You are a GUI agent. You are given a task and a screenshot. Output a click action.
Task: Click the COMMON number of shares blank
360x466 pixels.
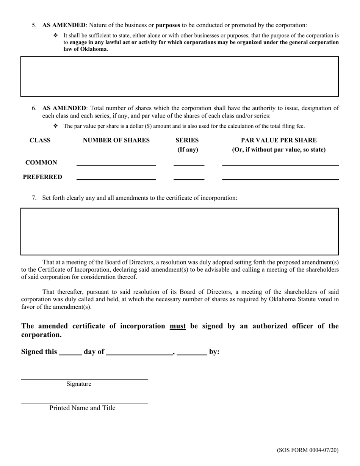(x=116, y=162)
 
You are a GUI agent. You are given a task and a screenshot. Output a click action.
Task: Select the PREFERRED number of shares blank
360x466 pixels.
(x=116, y=176)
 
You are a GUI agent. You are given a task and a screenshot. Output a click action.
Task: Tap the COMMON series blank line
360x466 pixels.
(x=189, y=162)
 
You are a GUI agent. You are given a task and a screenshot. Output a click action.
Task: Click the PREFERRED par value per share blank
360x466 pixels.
(x=280, y=176)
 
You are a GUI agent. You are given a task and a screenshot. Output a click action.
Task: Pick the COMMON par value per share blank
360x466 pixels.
(x=280, y=162)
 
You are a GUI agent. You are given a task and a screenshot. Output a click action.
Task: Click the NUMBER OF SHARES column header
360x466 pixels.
(x=116, y=140)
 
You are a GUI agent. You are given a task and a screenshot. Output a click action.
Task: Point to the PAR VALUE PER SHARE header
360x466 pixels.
(x=279, y=140)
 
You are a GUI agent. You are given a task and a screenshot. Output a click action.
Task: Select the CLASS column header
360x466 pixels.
(x=40, y=140)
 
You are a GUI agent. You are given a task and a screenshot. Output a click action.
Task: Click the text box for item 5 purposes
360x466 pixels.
(x=179, y=77)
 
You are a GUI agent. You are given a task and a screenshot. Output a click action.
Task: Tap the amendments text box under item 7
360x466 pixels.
(x=179, y=231)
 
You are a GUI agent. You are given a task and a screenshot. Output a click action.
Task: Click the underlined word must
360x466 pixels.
(x=178, y=326)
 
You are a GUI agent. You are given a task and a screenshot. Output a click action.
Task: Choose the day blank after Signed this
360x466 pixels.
(x=70, y=352)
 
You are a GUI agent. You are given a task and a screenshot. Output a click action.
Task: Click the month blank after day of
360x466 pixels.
(x=139, y=352)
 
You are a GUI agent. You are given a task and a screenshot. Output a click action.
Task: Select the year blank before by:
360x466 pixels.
(x=192, y=352)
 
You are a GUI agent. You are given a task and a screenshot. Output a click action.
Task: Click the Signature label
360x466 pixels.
(x=79, y=384)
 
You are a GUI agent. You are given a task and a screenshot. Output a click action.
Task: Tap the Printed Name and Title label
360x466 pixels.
(x=82, y=408)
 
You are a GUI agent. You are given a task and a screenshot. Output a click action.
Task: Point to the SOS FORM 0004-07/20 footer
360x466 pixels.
(x=307, y=450)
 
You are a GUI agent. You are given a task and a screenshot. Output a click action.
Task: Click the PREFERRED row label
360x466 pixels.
(x=42, y=177)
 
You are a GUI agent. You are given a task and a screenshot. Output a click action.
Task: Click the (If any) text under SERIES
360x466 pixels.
(x=188, y=150)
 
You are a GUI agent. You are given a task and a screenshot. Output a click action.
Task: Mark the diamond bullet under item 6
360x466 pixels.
(x=55, y=126)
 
